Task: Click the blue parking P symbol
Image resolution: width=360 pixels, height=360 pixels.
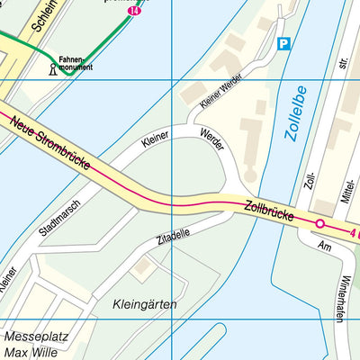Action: pos(284,43)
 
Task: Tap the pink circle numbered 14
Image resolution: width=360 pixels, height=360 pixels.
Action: pos(134,10)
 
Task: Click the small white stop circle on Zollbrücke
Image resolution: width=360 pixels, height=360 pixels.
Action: pos(319,223)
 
